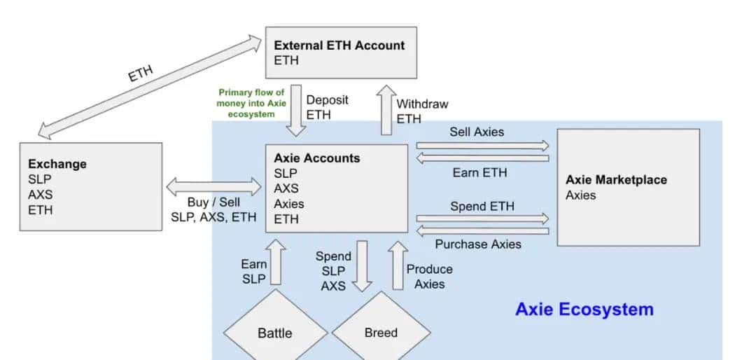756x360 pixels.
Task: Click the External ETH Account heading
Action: coord(339,46)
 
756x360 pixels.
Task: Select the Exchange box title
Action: coord(57,164)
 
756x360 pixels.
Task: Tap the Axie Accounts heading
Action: coord(317,158)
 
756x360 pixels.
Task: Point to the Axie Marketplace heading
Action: coord(616,180)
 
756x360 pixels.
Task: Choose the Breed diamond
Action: coord(381,333)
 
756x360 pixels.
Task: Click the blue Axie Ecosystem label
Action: coord(584,309)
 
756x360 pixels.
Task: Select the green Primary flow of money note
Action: coord(251,102)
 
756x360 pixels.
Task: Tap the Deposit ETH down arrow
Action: coord(296,111)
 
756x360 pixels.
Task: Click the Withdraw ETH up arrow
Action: coord(386,111)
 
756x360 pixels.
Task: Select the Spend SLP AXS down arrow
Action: coord(362,265)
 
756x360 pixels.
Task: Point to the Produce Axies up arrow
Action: coord(398,265)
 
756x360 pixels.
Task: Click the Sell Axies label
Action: coord(477,131)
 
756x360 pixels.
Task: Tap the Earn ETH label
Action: coord(479,172)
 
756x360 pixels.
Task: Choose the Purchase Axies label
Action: coord(478,244)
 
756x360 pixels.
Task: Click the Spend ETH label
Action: coord(482,207)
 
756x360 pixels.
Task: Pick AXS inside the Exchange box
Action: coord(40,194)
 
